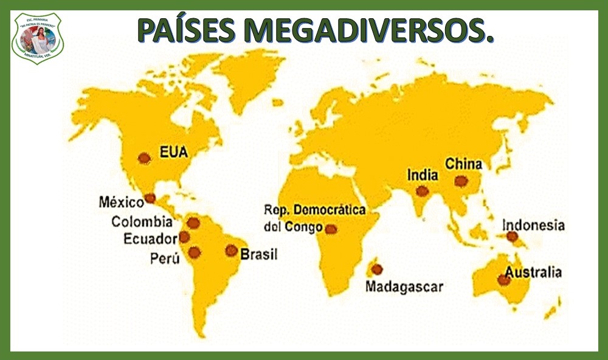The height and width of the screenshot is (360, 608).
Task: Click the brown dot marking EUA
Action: (144, 158)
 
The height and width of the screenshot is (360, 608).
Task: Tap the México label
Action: (121, 201)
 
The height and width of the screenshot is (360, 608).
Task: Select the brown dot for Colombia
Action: (193, 223)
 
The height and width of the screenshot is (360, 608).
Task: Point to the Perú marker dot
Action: (195, 252)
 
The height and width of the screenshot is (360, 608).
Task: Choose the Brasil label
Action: (259, 254)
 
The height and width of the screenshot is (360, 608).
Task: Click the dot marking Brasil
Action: (231, 250)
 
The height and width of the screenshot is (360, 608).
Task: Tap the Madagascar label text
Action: (404, 286)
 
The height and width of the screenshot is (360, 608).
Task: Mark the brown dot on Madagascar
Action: (377, 269)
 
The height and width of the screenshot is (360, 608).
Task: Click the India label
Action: (423, 176)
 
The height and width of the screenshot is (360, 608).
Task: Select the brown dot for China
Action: (461, 181)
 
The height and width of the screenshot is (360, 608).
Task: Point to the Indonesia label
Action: (533, 226)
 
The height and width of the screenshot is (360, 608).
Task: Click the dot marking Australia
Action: (503, 280)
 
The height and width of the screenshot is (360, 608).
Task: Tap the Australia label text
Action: (534, 272)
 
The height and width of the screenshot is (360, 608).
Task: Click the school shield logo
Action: (38, 38)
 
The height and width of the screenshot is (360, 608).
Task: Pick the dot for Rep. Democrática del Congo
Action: (331, 229)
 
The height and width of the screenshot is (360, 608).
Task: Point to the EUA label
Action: (173, 151)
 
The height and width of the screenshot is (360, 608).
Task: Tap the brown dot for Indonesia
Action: (512, 236)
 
